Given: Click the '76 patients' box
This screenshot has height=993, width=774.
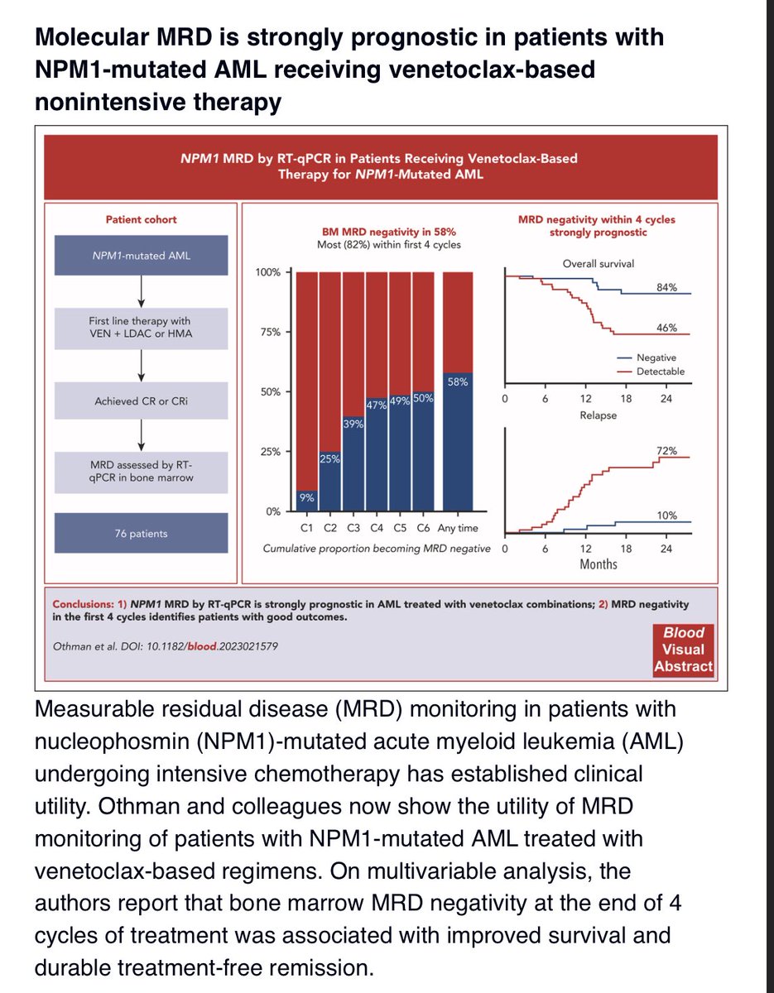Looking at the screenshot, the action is (141, 533).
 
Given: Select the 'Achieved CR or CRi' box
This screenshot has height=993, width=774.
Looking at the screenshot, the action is (141, 401).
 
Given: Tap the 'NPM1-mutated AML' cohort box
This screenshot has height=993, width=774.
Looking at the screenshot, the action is (141, 256).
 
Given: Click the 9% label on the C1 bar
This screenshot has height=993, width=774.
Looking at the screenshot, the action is (307, 497).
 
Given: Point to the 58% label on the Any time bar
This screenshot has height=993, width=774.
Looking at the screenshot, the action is (458, 381).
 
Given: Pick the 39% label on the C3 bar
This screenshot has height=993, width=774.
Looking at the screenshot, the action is (353, 424).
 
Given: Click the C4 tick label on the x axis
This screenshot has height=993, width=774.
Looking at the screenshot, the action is (377, 528).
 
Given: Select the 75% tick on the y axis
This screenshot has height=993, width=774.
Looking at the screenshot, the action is (271, 332).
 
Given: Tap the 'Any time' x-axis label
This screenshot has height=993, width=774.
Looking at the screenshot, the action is (458, 528).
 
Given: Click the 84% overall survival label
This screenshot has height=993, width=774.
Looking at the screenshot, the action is (666, 287).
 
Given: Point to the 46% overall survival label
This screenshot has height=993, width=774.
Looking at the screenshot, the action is (666, 328).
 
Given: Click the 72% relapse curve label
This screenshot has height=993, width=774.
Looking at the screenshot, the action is (666, 451).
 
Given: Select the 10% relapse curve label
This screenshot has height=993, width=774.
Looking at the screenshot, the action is (666, 516).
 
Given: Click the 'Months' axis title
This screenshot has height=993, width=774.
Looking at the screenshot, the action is (599, 564).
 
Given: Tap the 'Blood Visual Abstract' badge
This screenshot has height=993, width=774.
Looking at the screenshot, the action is (684, 650).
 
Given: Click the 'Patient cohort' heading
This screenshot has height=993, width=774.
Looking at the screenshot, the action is (141, 219).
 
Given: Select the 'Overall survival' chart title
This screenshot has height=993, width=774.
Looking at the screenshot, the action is (599, 264).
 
